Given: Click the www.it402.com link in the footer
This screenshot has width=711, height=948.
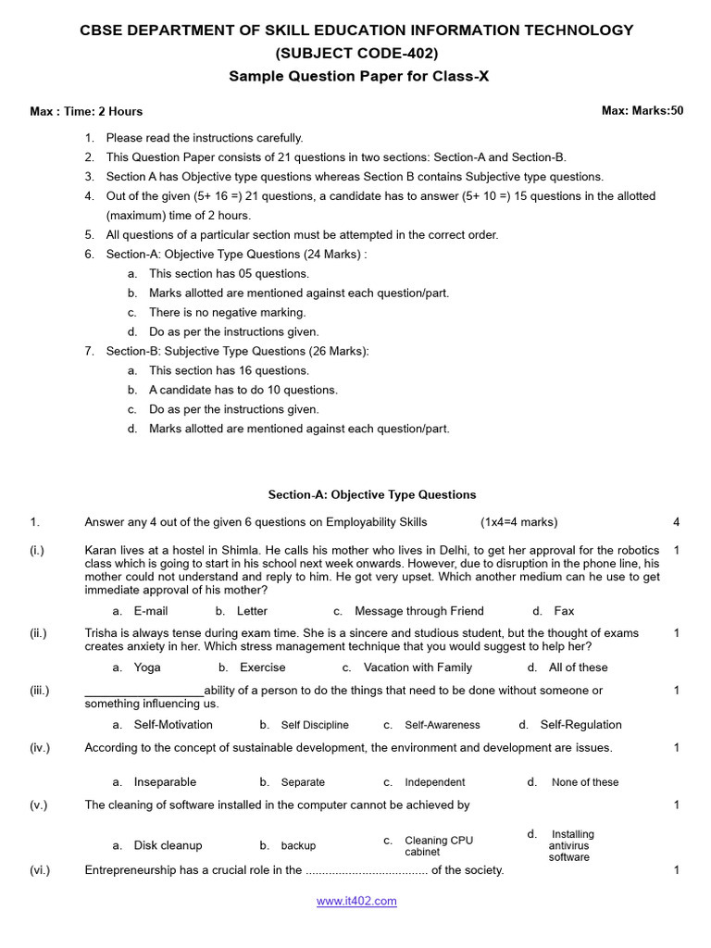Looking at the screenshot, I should [x=356, y=901].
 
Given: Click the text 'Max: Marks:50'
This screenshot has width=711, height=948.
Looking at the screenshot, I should [x=642, y=111].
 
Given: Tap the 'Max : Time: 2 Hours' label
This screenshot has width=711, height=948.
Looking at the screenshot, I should [x=86, y=112].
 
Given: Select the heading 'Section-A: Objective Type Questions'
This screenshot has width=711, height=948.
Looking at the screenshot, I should [x=372, y=494].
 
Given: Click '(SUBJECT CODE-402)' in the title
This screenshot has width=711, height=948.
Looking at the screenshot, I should [x=356, y=54].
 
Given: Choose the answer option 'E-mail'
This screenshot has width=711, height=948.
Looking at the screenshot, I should [x=151, y=611].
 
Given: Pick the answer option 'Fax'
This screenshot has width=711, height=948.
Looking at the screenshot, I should [x=564, y=611].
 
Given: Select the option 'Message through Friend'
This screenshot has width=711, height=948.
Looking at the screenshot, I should [x=418, y=611].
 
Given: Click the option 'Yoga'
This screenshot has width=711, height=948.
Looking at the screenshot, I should [x=147, y=667].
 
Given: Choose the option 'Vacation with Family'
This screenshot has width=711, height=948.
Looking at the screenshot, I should [x=418, y=667].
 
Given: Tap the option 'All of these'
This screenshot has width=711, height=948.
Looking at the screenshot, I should [x=578, y=667].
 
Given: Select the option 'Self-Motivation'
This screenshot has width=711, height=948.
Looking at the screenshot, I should [x=173, y=725].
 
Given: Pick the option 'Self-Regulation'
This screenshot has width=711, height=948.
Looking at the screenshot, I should [x=580, y=725].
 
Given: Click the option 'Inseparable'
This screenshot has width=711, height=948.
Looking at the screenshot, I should [x=165, y=782].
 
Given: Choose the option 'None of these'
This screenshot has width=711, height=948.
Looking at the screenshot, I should [x=585, y=782].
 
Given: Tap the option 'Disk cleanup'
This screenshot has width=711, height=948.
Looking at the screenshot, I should [x=168, y=845].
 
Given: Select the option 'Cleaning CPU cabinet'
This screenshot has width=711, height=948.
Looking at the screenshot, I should [x=438, y=846].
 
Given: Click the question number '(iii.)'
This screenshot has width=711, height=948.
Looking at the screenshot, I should [x=39, y=691].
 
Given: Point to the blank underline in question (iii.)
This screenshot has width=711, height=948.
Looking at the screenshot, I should [x=143, y=692].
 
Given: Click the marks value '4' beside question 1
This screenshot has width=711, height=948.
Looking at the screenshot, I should [x=677, y=522].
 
